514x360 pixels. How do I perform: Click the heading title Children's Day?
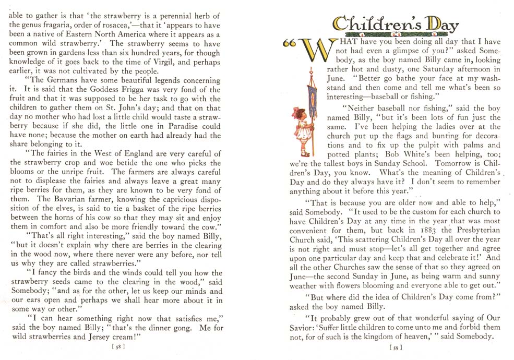pos(395,24)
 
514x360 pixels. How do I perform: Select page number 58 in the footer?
pos(119,345)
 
